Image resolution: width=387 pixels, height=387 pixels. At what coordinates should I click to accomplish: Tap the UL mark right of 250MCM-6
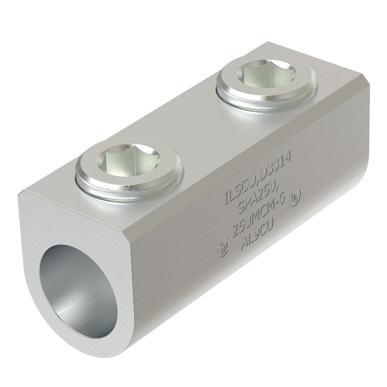[x=294, y=198]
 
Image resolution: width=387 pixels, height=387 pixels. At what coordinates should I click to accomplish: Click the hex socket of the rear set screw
[x=266, y=76]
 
